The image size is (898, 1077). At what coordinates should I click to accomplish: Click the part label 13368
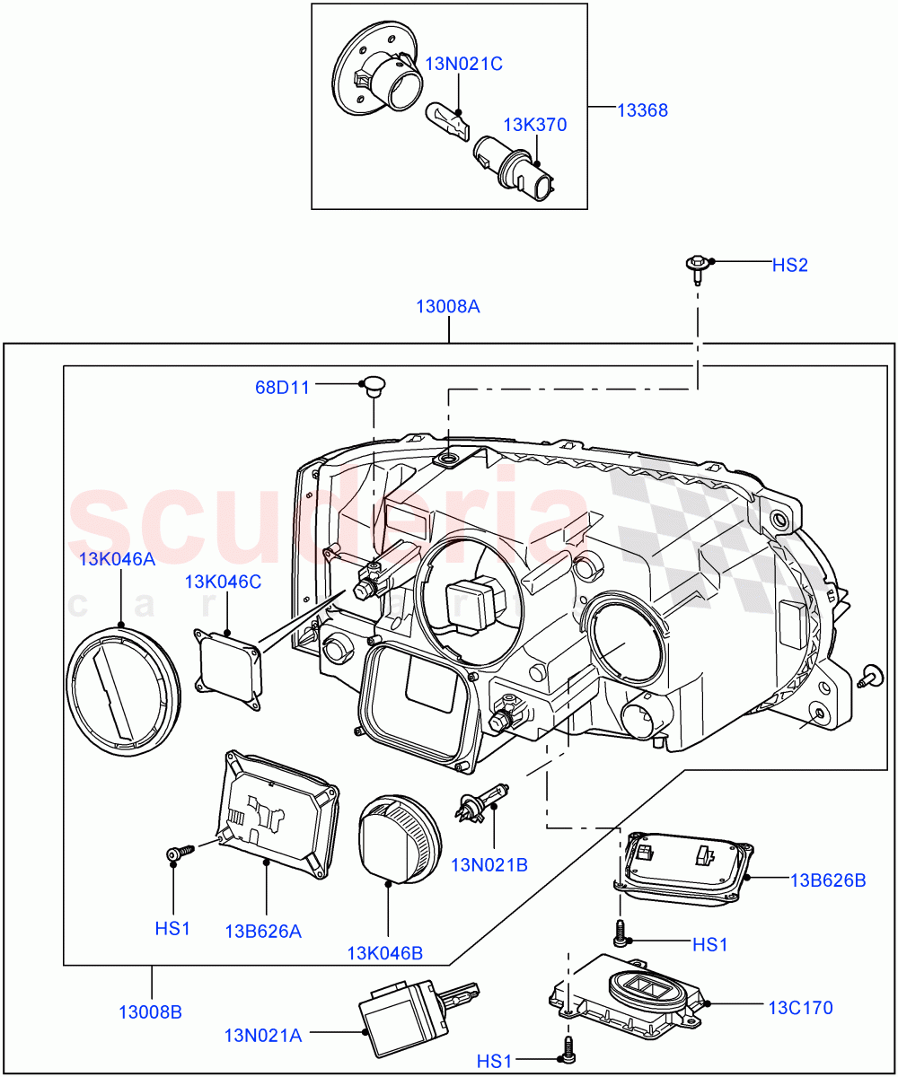pos(642,111)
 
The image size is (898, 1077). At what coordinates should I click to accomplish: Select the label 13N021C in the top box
pos(463,64)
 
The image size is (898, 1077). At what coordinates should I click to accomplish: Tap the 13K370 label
pos(534,125)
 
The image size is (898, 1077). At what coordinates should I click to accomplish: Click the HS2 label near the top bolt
pos(790,265)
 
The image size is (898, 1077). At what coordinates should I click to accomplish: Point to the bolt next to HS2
pos(697,265)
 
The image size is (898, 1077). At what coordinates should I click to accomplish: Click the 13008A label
pos(447,306)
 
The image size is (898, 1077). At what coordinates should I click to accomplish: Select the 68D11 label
pos(281,388)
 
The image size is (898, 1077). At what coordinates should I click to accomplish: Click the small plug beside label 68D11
pos(370,387)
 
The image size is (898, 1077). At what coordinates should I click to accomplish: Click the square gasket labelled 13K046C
pos(228,670)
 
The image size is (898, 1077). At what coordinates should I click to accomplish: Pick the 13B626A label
pos(263,931)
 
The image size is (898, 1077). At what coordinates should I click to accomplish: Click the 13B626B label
pos(828,880)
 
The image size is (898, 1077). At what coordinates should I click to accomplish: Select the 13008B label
pos(150,1011)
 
